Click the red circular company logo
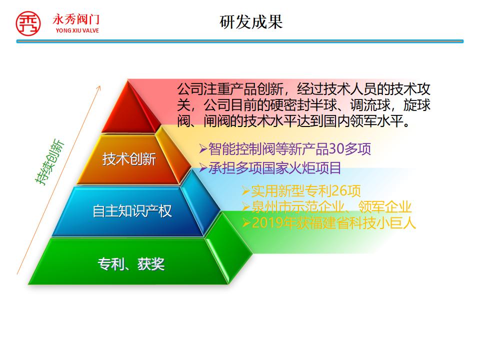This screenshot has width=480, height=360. [28, 23]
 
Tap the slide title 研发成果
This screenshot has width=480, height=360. [251, 22]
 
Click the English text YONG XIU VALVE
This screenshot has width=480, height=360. [77, 30]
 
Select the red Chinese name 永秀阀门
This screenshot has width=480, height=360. [76, 19]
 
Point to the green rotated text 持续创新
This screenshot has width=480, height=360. [49, 162]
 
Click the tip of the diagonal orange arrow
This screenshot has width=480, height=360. [100, 86]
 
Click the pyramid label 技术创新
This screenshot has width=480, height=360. [129, 159]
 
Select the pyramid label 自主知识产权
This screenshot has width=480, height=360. [132, 211]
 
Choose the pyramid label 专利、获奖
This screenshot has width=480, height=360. [131, 264]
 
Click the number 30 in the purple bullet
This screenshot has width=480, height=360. [336, 149]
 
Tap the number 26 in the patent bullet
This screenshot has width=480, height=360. [339, 191]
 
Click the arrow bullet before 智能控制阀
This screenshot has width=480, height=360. [203, 149]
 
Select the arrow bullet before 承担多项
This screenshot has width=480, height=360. [203, 168]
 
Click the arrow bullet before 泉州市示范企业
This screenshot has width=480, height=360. [246, 207]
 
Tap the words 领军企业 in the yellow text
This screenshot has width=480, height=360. [385, 207]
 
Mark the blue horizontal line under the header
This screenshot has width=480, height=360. [240, 41]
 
